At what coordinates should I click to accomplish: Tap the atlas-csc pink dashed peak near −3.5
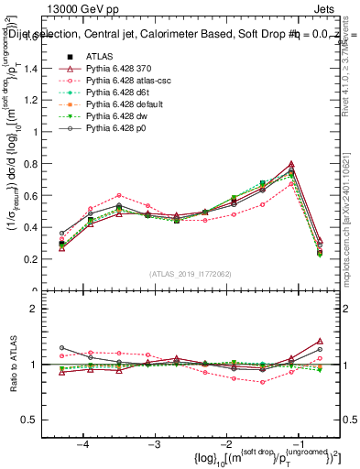coord(119,195)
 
